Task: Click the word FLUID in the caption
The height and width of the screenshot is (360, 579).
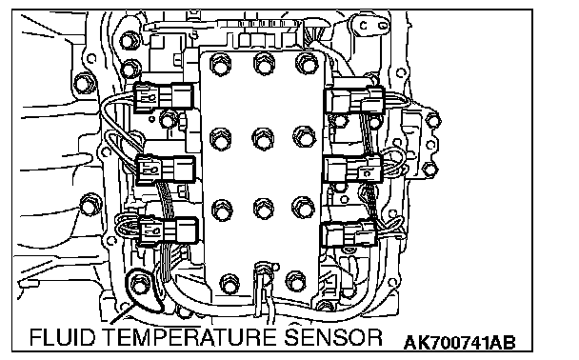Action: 62,337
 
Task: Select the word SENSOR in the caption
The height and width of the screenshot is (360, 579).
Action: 333,337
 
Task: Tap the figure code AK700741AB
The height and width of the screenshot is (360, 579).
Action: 459,343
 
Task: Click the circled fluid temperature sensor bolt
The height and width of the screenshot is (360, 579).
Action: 139,286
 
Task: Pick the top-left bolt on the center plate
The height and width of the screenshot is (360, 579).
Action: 220,65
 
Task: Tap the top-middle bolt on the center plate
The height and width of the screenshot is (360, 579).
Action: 264,63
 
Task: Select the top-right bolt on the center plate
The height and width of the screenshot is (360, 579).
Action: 306,63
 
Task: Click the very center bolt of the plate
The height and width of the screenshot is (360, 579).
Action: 263,139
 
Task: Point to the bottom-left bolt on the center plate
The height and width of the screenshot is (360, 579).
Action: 230,284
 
